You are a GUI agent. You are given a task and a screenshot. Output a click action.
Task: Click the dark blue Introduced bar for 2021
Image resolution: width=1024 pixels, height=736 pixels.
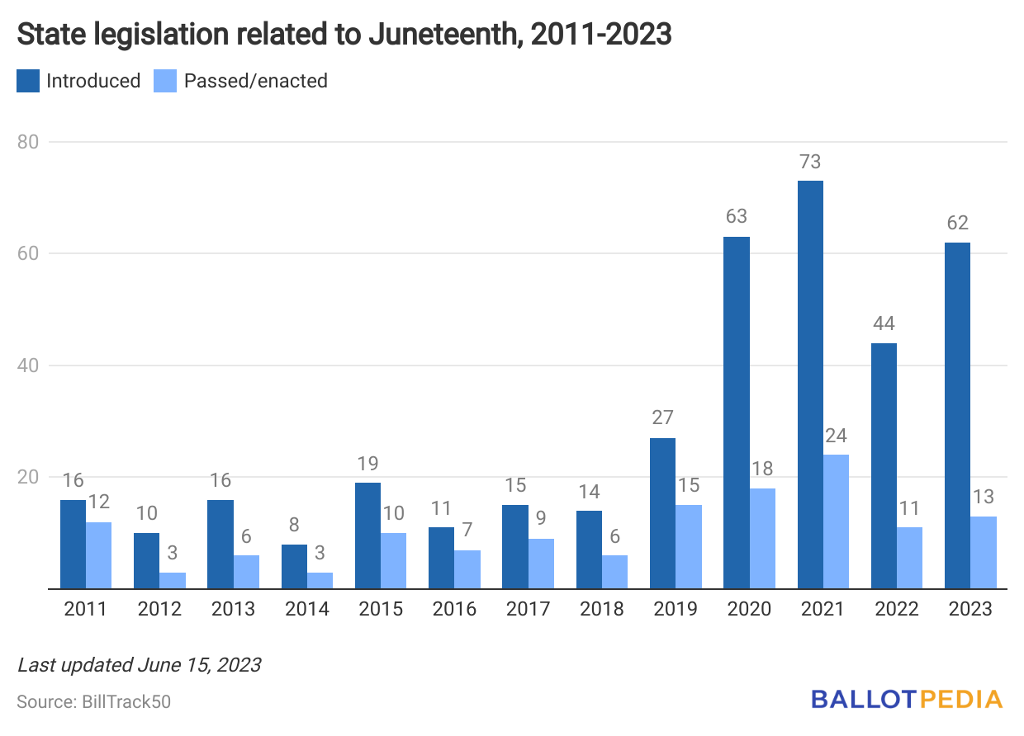(x=810, y=385)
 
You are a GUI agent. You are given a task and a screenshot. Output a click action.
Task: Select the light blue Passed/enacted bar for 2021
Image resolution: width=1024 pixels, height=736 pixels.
(x=836, y=521)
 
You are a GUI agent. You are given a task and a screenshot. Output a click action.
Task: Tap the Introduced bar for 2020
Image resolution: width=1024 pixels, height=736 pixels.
(x=737, y=413)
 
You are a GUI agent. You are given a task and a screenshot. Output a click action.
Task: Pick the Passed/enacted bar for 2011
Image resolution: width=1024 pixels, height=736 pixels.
(x=98, y=555)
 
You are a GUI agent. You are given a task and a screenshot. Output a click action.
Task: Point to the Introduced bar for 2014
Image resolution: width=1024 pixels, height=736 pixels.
(x=294, y=566)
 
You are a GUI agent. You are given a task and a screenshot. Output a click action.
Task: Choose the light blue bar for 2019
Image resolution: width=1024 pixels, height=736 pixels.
(x=689, y=547)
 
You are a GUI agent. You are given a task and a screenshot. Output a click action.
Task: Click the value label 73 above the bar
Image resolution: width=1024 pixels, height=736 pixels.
(x=810, y=162)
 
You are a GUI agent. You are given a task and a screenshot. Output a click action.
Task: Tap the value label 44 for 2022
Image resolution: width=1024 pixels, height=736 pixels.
(x=884, y=323)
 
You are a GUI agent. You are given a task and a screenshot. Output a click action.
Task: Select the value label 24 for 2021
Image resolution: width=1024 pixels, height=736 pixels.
(x=836, y=436)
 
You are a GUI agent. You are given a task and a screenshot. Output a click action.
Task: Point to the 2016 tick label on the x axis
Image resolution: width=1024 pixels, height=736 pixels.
(x=454, y=610)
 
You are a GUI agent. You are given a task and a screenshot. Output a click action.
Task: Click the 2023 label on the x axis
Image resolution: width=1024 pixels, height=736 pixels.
(x=970, y=610)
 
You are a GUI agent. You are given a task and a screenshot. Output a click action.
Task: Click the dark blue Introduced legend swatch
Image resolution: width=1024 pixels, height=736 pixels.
(x=28, y=81)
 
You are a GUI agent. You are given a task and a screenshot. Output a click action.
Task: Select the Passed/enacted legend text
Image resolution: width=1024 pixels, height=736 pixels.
(x=255, y=81)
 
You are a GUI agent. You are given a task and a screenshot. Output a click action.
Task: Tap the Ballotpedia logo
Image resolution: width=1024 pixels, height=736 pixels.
(x=906, y=700)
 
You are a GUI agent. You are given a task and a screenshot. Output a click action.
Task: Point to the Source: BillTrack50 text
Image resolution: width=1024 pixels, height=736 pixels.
(x=94, y=702)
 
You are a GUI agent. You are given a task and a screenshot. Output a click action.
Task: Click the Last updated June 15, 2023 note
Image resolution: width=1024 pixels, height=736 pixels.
(x=139, y=664)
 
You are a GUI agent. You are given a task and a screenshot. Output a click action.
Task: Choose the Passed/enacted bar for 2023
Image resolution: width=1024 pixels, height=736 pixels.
(x=984, y=553)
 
